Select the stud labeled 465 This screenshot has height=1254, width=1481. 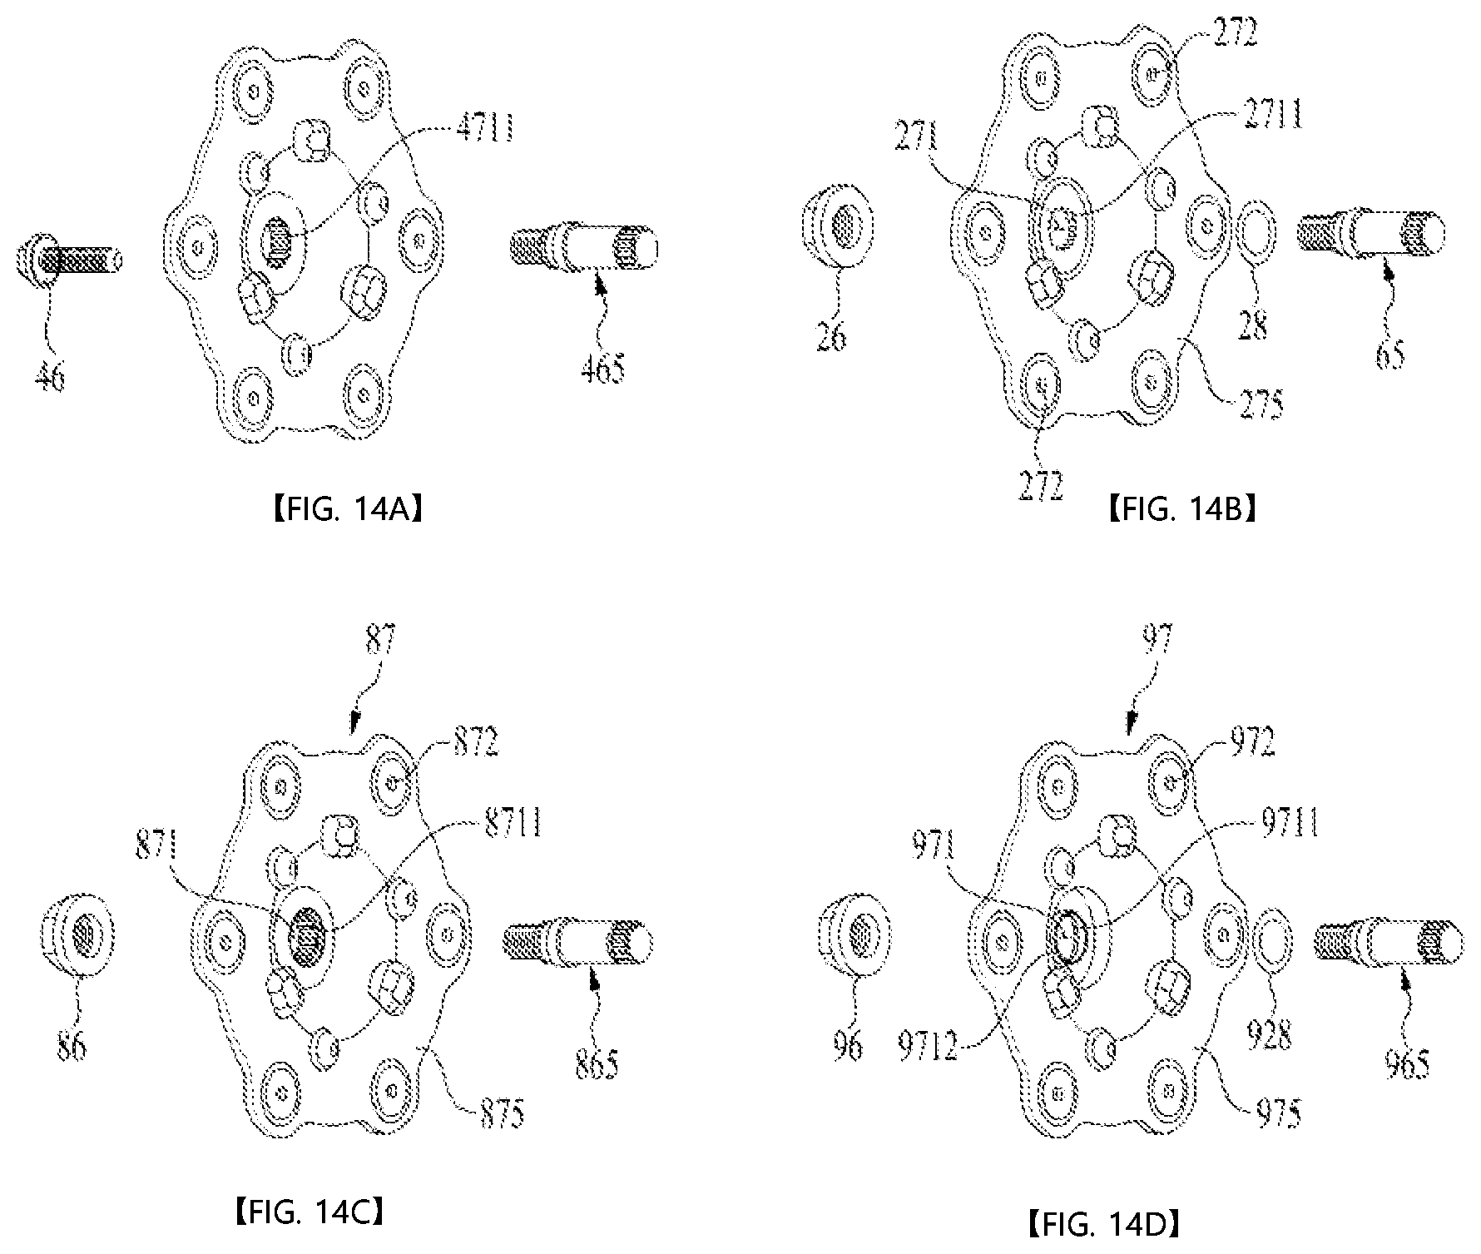tap(583, 248)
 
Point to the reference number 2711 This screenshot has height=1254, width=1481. tap(1273, 115)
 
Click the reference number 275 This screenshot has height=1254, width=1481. tap(1260, 404)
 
